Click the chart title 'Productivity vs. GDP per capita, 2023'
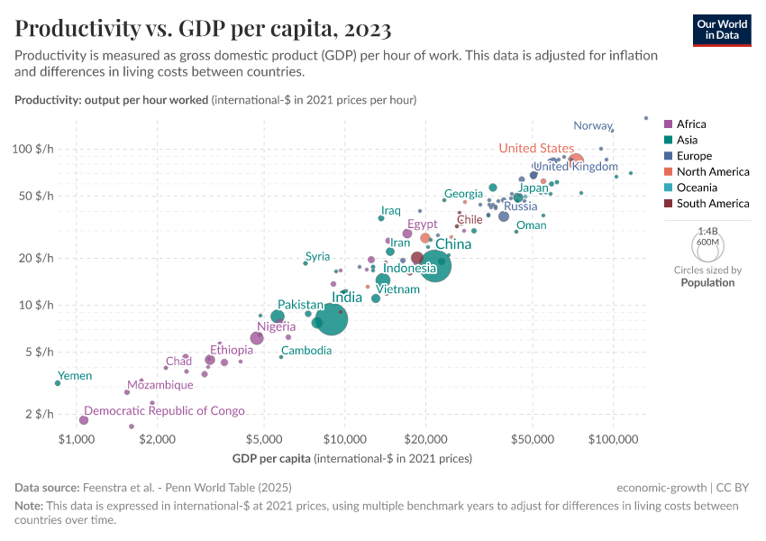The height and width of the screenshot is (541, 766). click(203, 29)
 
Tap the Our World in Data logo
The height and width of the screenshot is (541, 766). click(722, 30)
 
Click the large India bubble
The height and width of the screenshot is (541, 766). click(332, 318)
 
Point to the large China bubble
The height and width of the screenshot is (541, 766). click(435, 266)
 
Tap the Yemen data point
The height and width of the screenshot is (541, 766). click(58, 383)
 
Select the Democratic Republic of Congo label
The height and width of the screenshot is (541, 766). click(164, 411)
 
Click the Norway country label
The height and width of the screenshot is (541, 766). click(592, 125)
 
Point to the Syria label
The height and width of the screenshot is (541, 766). click(317, 257)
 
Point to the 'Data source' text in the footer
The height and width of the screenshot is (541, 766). click(49, 487)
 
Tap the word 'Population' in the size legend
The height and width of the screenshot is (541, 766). click(707, 282)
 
